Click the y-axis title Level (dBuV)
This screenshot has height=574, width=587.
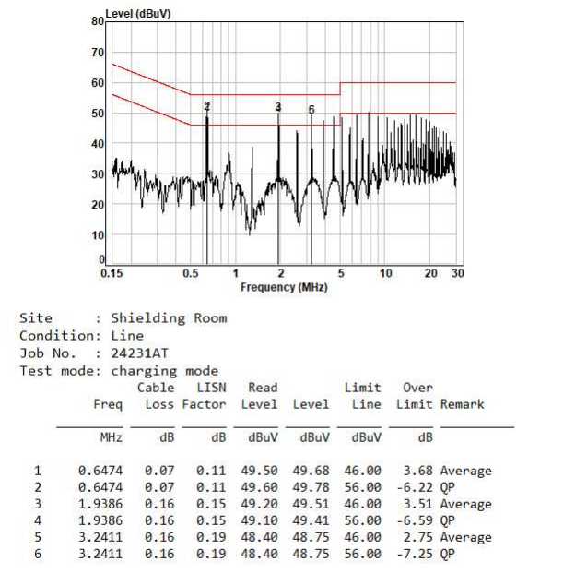point(138,14)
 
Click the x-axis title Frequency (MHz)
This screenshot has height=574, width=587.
point(284,287)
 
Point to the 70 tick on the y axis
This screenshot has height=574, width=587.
point(98,52)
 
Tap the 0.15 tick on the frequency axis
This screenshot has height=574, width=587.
point(112,273)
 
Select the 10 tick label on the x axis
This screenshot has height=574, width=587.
point(385,273)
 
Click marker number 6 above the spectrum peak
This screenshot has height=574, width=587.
point(311,110)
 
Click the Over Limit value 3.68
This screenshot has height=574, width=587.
point(417,471)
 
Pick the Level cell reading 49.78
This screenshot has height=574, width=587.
point(311,487)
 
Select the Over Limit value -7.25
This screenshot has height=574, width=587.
point(415,554)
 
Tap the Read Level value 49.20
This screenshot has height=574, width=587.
point(259,504)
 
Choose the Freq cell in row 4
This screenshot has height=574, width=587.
point(100,520)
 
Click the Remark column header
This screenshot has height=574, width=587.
point(462,404)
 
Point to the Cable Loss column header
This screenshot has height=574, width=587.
point(156,396)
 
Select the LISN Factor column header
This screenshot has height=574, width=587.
point(204,396)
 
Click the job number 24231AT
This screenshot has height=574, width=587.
point(140,353)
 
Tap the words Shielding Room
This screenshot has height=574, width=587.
point(169,318)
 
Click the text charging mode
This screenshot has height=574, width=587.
point(165,371)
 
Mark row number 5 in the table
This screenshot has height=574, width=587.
point(38,537)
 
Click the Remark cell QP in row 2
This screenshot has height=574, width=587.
point(448,487)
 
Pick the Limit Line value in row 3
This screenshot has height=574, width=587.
point(362,504)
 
